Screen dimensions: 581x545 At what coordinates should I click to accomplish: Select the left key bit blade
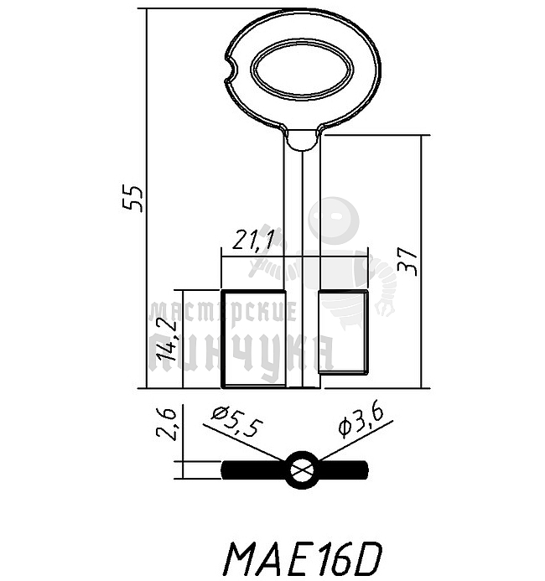[x=253, y=339]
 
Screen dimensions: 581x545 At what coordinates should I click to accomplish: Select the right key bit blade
[x=344, y=330]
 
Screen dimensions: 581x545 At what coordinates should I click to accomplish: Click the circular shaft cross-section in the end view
[x=301, y=469]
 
